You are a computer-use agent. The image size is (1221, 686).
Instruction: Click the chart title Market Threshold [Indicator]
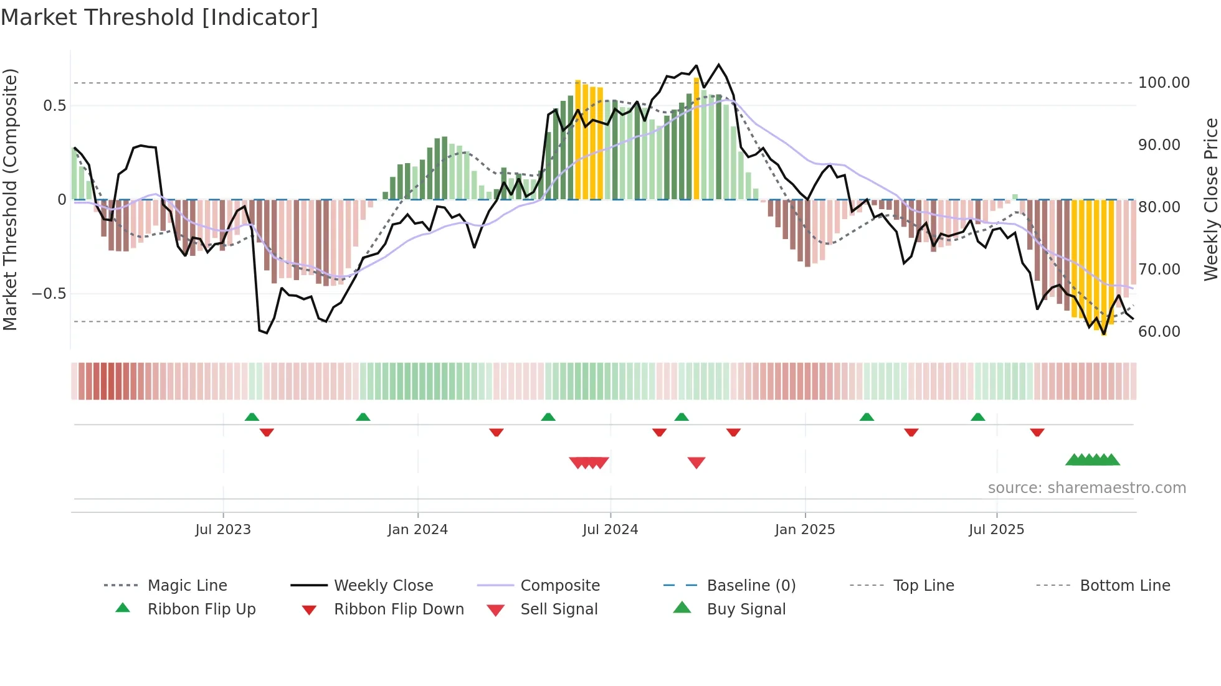159,17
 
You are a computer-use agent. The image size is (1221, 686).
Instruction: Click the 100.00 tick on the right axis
1164,83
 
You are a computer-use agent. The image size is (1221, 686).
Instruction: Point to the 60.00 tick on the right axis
1159,332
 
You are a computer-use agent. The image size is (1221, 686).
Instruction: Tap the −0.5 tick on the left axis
49,293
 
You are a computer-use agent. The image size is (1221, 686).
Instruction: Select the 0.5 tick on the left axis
54,106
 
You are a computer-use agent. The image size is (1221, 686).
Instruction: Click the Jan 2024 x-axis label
417,530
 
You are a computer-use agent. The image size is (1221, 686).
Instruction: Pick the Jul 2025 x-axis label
996,530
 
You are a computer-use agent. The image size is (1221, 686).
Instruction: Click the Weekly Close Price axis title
1210,199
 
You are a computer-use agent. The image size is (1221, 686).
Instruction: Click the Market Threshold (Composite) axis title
10,199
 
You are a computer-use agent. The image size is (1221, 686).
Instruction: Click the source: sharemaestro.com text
1086,488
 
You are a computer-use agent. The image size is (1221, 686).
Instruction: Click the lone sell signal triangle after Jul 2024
696,463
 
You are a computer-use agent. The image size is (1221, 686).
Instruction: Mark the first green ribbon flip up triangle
252,417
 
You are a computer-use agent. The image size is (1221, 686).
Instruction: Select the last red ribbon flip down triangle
1037,432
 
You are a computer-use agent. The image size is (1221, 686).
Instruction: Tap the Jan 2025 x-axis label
804,530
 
